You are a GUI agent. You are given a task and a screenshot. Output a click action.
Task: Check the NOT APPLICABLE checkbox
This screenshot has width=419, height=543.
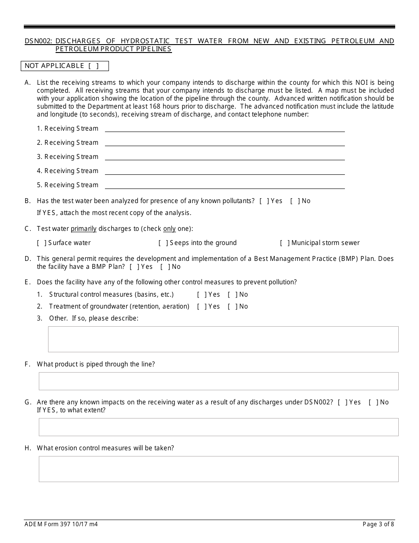pos(94,66)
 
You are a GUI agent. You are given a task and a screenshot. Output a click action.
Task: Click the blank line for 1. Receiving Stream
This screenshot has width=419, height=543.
pos(224,129)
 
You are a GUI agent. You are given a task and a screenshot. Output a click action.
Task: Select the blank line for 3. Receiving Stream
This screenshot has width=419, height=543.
pos(224,157)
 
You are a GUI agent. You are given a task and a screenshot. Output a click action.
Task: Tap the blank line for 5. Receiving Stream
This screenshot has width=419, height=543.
pos(224,185)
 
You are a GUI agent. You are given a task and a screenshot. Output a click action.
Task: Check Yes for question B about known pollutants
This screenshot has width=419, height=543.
pos(264,201)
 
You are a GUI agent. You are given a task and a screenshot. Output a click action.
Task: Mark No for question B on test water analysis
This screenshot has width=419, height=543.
pos(295,201)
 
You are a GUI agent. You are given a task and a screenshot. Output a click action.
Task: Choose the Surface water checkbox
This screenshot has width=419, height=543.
pos(41,243)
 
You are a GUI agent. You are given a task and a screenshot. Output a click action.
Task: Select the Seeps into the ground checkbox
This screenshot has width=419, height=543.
pos(163,243)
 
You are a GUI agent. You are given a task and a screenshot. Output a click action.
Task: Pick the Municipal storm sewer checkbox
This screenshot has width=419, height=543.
pos(284,243)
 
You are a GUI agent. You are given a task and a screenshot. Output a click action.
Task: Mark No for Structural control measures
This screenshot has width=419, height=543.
pos(232,295)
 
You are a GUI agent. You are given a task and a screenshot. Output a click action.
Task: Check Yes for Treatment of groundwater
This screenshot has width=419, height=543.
pos(202,307)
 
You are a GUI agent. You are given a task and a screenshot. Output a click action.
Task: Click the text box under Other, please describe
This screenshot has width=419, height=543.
pos(223,339)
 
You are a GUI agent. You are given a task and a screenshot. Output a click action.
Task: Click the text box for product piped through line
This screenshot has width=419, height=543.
pos(218,381)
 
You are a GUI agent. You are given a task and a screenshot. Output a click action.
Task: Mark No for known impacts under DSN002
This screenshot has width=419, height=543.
pos(373,403)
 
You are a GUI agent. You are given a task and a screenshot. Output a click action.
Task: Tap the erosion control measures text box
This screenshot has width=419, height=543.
pos(218,469)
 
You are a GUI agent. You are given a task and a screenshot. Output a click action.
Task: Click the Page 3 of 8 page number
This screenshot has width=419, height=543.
pos(378,524)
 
